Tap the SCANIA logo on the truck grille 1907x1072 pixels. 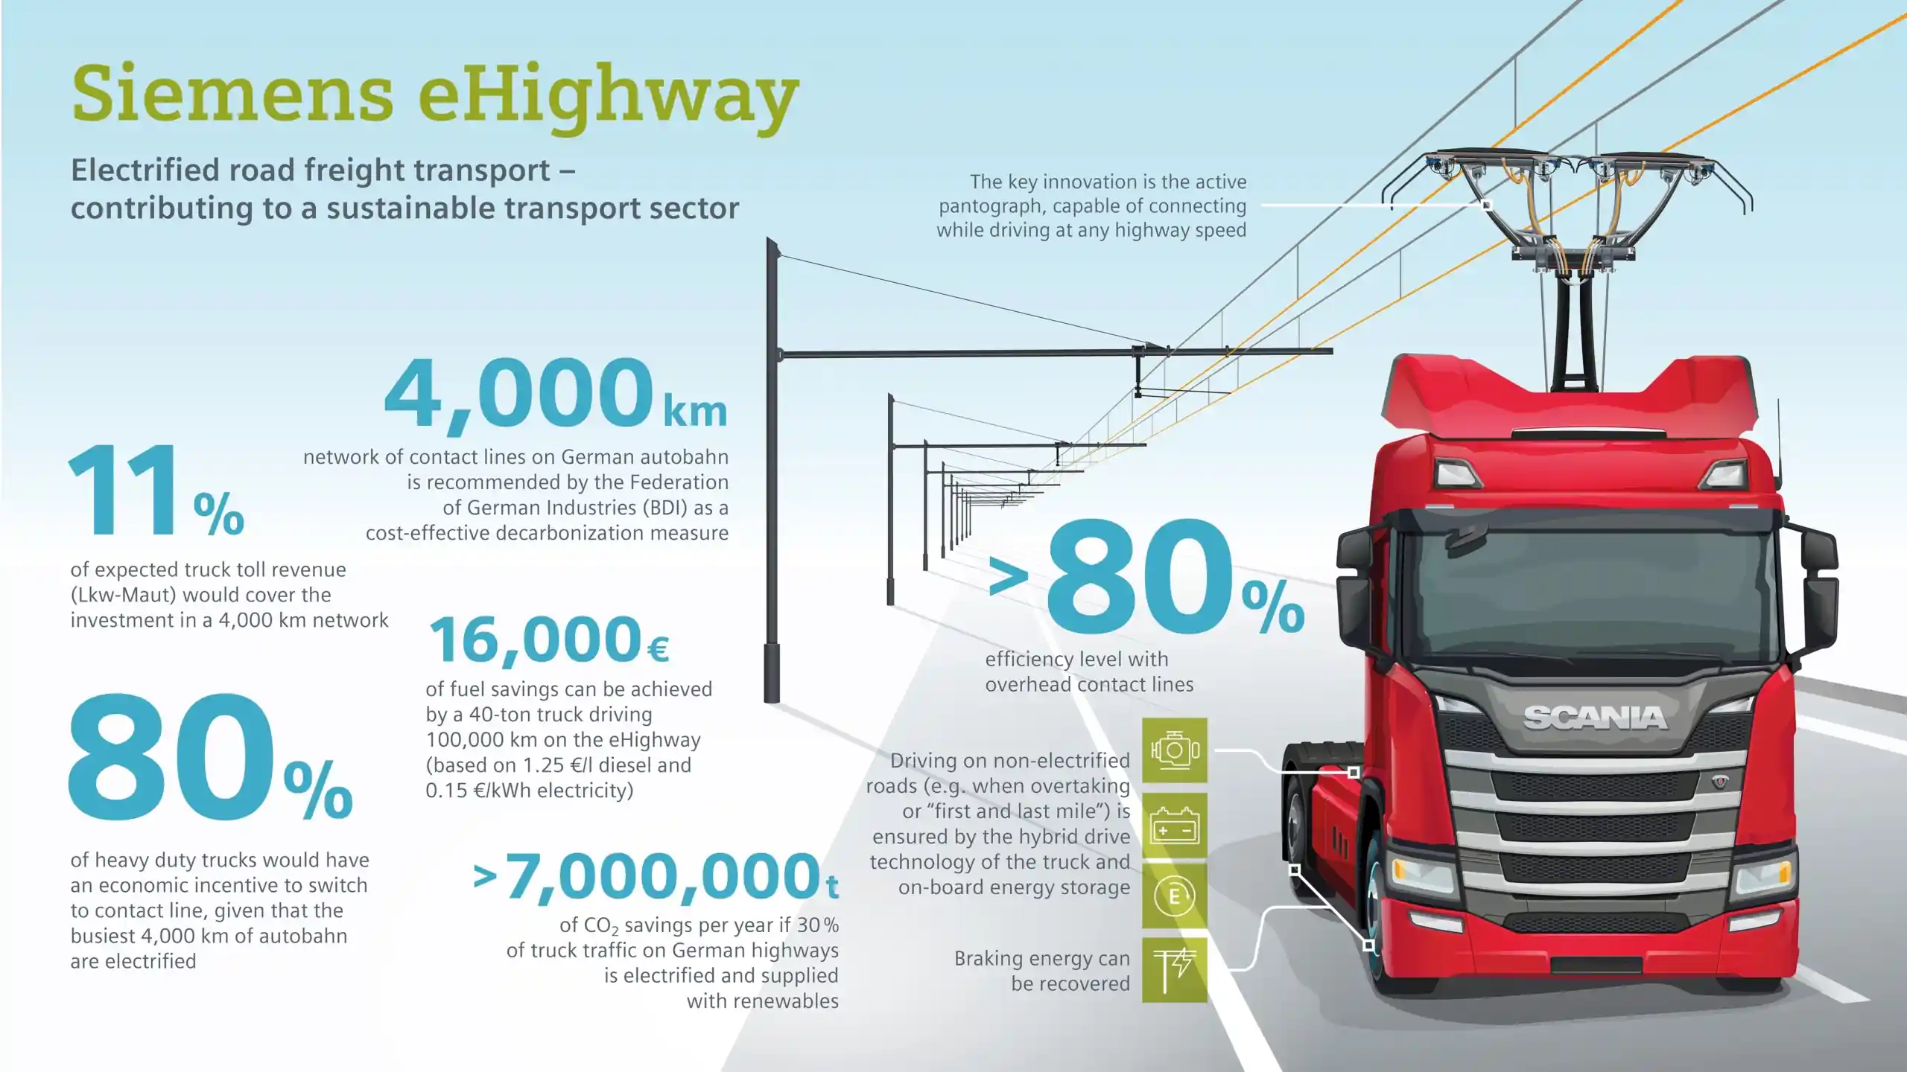(1595, 718)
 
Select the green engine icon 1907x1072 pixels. (1175, 750)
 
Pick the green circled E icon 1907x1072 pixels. (1175, 896)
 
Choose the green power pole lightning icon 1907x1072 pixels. (1175, 970)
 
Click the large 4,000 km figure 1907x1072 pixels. (556, 394)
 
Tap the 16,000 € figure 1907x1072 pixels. (549, 640)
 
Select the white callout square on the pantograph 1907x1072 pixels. (1487, 205)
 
